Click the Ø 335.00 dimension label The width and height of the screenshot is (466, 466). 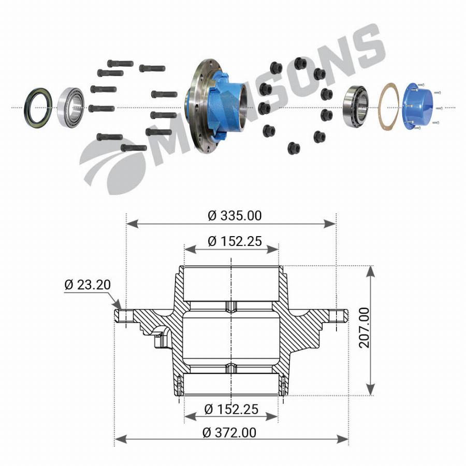(235, 215)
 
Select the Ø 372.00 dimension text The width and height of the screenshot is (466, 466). (229, 432)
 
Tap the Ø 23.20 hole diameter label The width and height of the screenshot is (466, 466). (88, 284)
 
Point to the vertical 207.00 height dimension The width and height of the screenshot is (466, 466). (364, 328)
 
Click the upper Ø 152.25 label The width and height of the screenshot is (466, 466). (235, 241)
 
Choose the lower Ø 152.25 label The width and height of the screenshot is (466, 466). (231, 409)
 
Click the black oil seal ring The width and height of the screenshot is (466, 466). (38, 107)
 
